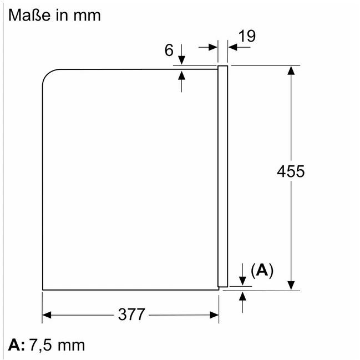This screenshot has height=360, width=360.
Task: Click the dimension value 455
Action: [x=291, y=171]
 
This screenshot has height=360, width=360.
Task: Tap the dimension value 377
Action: [x=131, y=315]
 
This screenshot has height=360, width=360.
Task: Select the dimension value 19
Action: [x=247, y=36]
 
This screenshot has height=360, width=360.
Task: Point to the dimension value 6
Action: [x=169, y=50]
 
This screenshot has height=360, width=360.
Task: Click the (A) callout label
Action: [x=262, y=271]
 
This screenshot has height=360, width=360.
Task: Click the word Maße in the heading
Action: [x=29, y=16]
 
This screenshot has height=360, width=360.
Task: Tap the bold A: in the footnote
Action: [x=16, y=345]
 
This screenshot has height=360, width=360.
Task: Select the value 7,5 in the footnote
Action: [x=40, y=346]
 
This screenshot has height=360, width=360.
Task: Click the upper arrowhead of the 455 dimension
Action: [x=291, y=70]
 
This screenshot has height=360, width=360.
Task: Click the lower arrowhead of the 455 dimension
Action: [x=291, y=285]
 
